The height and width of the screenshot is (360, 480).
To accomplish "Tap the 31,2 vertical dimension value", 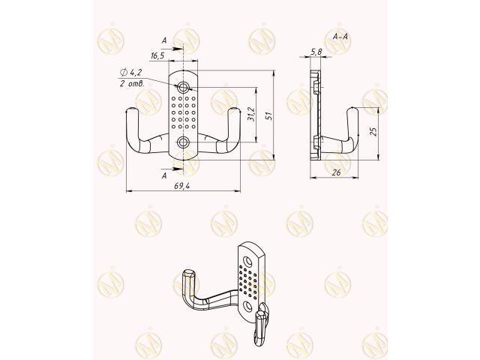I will pos(251,115).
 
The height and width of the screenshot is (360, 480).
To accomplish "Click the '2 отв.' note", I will pos(131,83).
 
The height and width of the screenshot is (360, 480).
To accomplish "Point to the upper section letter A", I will pos(164,41).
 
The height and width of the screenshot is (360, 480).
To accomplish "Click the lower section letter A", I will pos(164,175).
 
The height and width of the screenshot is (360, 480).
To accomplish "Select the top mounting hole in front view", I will pos(184,87).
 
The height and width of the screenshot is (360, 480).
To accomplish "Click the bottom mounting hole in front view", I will pos(184,141).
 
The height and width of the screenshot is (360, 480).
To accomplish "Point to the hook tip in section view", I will pos(352,114).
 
